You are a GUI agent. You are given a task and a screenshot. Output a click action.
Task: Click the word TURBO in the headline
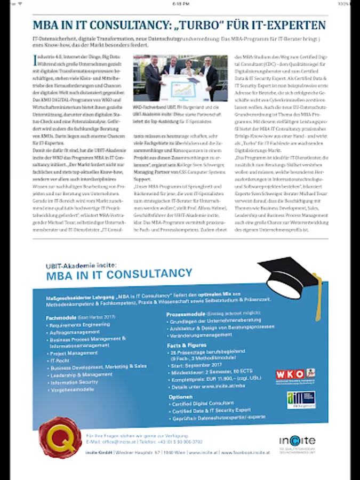pyautogui.click(x=205, y=25)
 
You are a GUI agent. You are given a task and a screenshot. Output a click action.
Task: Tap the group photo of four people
pyautogui.click(x=180, y=78)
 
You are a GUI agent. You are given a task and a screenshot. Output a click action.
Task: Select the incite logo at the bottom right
pyautogui.click(x=297, y=441)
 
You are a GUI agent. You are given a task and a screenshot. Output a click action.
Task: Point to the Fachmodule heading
pyautogui.click(x=60, y=317)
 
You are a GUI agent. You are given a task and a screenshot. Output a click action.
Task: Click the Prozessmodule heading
pyautogui.click(x=185, y=315)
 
